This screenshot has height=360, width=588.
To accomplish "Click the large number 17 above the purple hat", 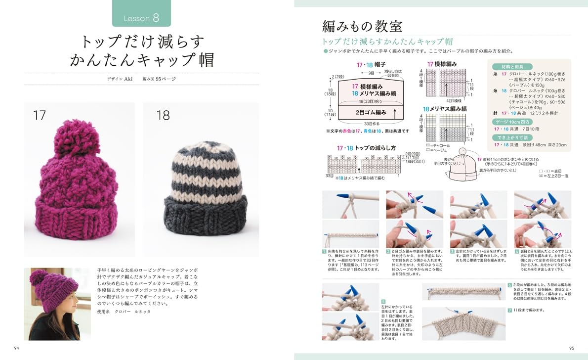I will (40, 115).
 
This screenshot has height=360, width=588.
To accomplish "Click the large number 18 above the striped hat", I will (163, 115).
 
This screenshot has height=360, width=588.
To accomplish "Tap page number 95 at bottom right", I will (572, 348).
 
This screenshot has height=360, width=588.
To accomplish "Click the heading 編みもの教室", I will (362, 26).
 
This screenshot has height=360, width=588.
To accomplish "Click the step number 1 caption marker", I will (324, 251).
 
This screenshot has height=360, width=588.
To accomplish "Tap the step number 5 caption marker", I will (383, 301).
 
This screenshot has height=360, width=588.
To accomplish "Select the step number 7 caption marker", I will (509, 310).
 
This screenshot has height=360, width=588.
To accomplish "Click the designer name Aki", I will (128, 79).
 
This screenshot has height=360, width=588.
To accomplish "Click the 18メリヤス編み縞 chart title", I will (444, 109).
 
